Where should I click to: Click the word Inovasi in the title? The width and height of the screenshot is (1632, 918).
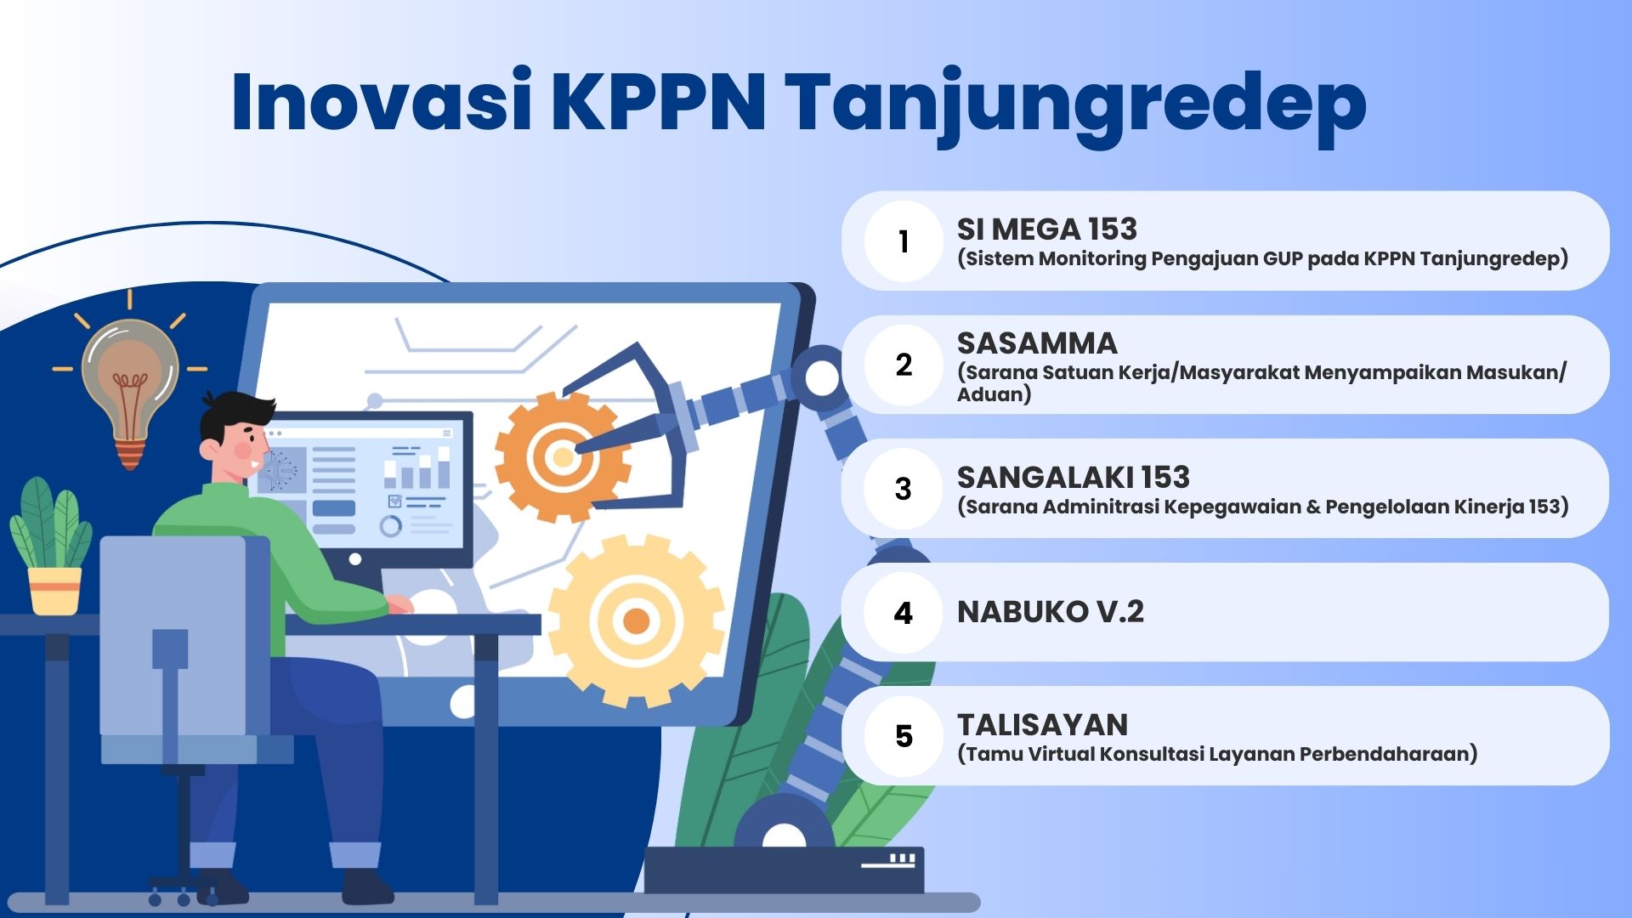[382, 102]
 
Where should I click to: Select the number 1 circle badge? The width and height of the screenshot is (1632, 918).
[904, 241]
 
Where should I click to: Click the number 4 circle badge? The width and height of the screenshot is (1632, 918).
[904, 613]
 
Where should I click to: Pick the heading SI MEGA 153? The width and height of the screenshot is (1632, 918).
[1046, 229]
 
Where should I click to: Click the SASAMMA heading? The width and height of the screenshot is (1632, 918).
[1037, 343]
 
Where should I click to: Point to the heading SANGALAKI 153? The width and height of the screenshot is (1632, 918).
[1073, 477]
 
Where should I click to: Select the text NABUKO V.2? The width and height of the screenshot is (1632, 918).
[1050, 611]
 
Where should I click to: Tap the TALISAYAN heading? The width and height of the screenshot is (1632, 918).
[1042, 725]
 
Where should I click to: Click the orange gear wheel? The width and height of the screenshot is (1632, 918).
[562, 457]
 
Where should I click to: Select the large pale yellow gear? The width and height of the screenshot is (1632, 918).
[636, 620]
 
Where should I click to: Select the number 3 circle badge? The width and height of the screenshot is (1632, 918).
[904, 489]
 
